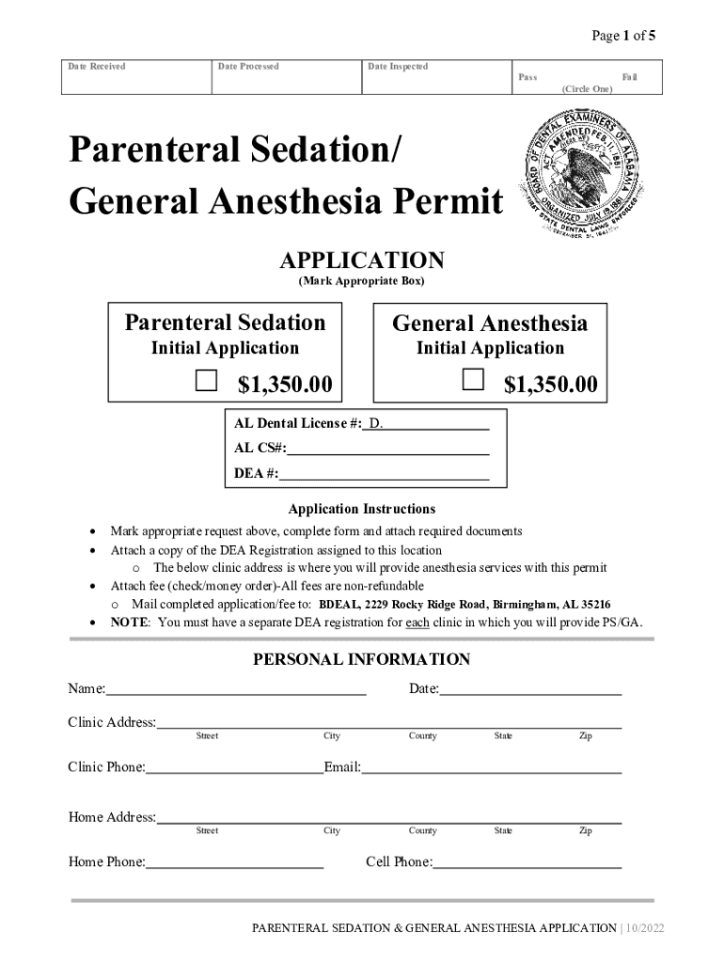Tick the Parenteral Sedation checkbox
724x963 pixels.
click(206, 380)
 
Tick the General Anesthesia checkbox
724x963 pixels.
click(473, 379)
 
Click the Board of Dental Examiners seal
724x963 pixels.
click(579, 176)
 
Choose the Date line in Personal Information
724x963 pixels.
click(530, 689)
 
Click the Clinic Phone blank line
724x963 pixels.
click(234, 767)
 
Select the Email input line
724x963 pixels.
click(492, 767)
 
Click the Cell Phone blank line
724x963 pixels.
click(527, 862)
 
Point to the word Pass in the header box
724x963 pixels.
click(527, 77)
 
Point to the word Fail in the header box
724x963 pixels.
click(629, 77)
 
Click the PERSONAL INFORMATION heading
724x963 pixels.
click(361, 659)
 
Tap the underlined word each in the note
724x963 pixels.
click(417, 623)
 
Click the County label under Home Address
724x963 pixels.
click(422, 831)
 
